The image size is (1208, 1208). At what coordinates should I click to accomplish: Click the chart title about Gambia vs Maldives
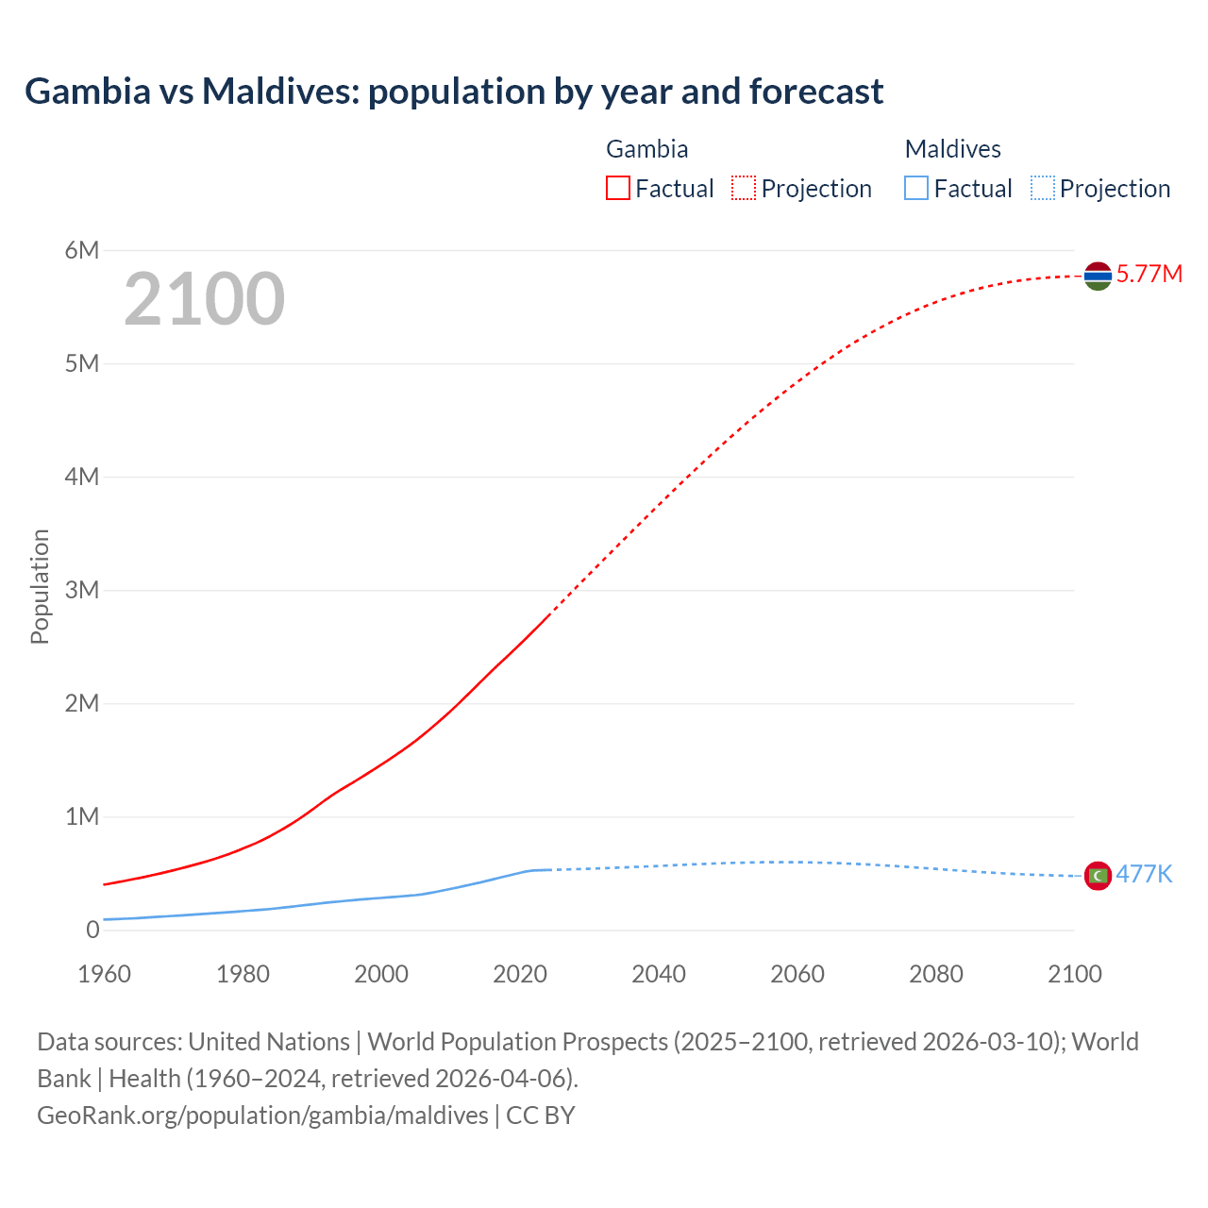pyautogui.click(x=454, y=92)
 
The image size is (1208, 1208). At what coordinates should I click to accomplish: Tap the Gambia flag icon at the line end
pyautogui.click(x=1098, y=276)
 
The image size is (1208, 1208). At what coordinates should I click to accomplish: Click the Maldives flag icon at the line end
pyautogui.click(x=1098, y=876)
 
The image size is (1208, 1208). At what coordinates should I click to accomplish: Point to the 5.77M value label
pyautogui.click(x=1149, y=275)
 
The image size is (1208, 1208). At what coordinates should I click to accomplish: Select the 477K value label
pyautogui.click(x=1144, y=875)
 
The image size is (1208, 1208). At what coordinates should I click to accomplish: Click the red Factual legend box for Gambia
pyautogui.click(x=617, y=188)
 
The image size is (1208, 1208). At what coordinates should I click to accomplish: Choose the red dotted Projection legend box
pyautogui.click(x=744, y=188)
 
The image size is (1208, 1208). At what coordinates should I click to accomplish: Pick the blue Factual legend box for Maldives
pyautogui.click(x=915, y=188)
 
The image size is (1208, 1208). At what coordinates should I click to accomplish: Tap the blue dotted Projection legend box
pyautogui.click(x=1042, y=188)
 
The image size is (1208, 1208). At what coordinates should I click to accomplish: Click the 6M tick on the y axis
pyautogui.click(x=82, y=250)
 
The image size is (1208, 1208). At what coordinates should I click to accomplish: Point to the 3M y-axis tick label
pyautogui.click(x=82, y=590)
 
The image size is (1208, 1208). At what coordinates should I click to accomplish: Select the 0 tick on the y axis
pyautogui.click(x=92, y=930)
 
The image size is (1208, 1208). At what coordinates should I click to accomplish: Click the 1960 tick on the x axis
pyautogui.click(x=104, y=974)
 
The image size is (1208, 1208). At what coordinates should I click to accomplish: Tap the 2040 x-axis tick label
pyautogui.click(x=659, y=974)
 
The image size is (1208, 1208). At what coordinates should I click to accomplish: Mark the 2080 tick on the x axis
pyautogui.click(x=936, y=974)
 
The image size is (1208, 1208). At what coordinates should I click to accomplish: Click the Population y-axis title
pyautogui.click(x=40, y=586)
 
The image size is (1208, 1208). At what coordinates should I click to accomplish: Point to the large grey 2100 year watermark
pyautogui.click(x=204, y=299)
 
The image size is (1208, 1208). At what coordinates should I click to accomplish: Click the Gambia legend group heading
pyautogui.click(x=646, y=149)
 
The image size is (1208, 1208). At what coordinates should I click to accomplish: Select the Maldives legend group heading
pyautogui.click(x=952, y=149)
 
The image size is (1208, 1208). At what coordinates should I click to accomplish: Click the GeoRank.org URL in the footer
pyautogui.click(x=262, y=1116)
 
